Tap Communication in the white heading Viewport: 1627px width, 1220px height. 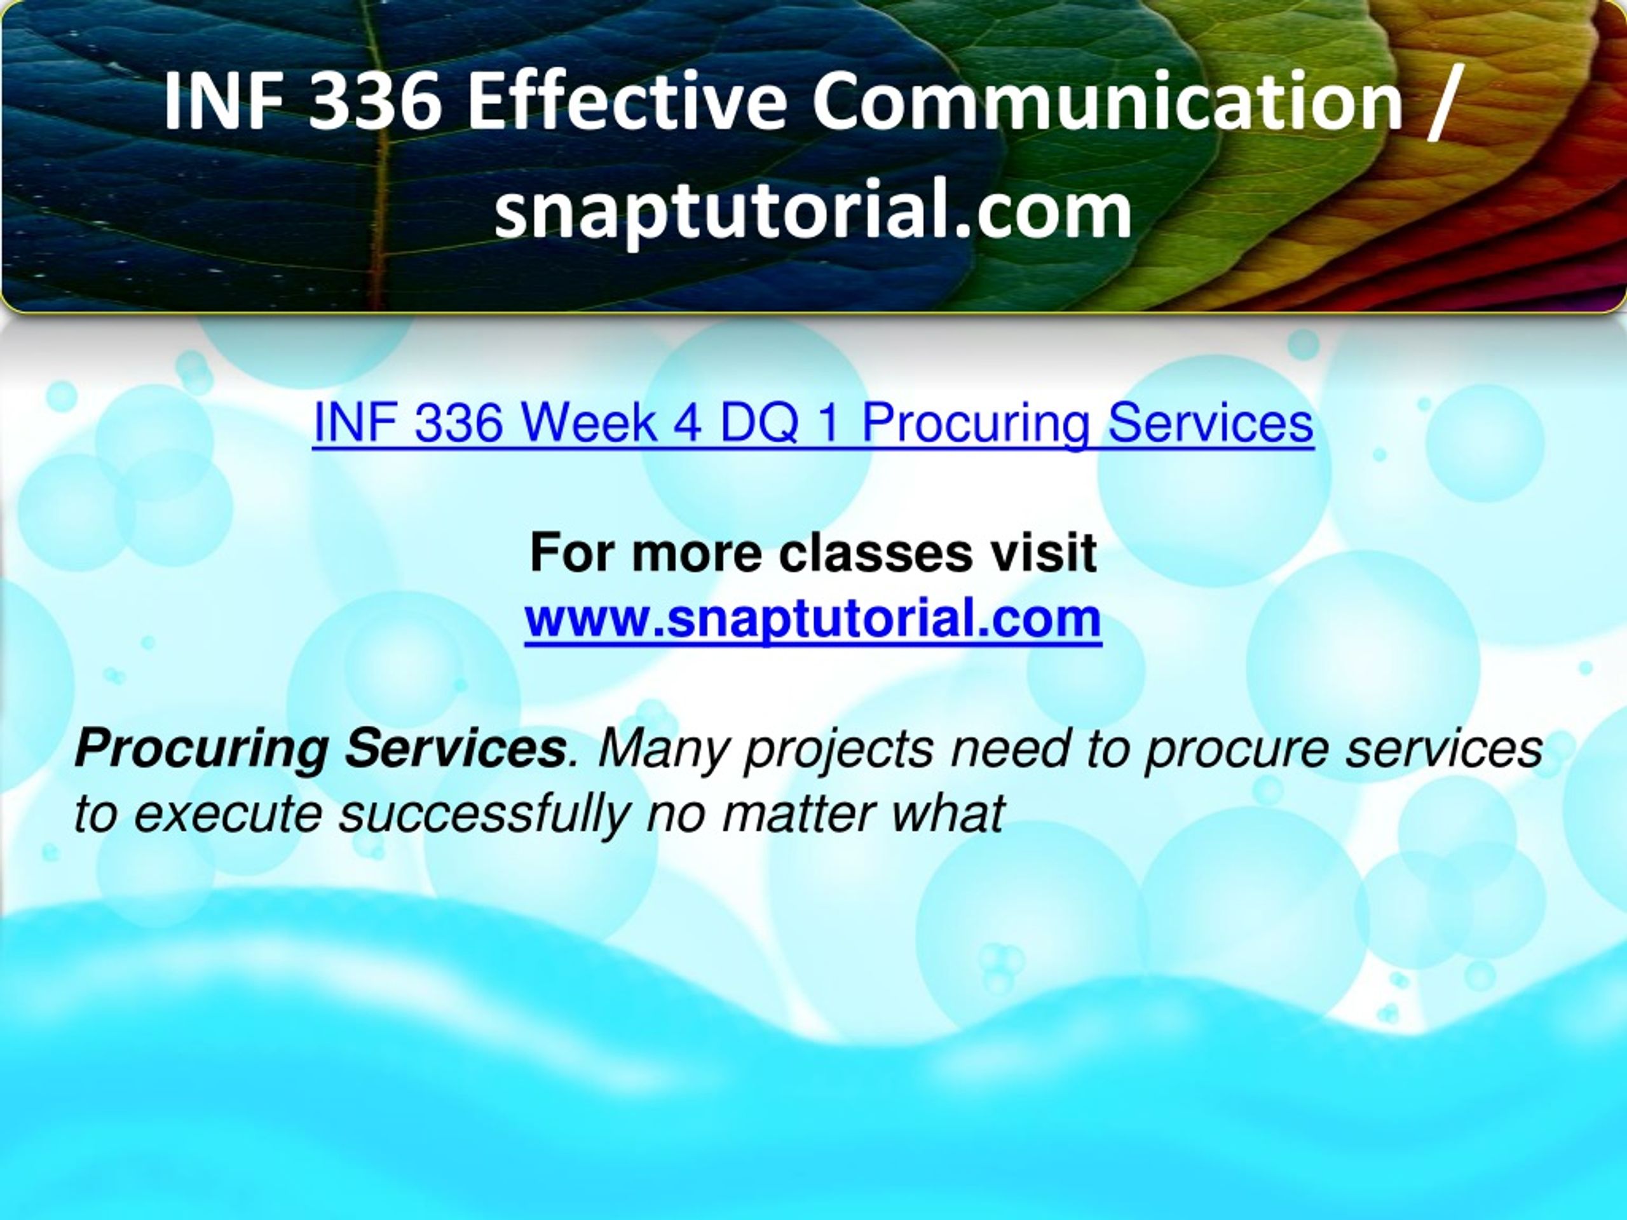coord(1108,99)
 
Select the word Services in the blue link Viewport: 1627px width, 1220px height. coord(1211,424)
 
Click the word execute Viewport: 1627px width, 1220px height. coord(229,815)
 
